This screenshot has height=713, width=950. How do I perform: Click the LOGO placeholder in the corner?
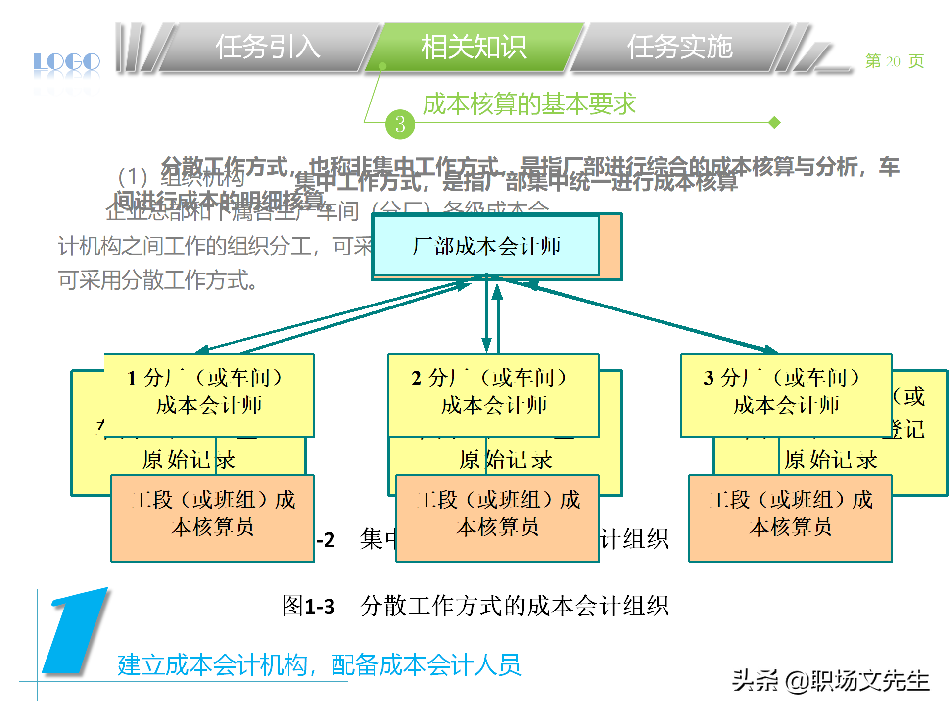67,62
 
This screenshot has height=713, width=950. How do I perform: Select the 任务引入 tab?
268,48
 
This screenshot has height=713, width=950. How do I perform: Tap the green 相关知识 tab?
474,48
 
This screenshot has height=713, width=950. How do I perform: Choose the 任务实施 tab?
679,48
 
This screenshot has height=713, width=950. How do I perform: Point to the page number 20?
893,61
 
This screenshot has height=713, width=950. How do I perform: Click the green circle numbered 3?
400,124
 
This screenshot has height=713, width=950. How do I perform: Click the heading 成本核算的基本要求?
529,104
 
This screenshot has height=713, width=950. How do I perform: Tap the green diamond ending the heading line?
775,122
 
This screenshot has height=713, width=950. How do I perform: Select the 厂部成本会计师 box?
486,246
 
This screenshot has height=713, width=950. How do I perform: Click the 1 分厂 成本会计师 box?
209,395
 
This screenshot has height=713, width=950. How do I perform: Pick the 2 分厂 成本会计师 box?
493,395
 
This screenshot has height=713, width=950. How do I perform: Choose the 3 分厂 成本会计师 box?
786,395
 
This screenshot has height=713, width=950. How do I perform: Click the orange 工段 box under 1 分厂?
213,518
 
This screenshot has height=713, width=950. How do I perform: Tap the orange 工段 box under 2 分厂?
498,518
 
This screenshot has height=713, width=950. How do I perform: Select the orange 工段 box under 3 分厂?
790,518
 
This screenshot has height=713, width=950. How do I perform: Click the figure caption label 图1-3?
308,606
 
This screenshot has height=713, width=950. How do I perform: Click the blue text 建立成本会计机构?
213,664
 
